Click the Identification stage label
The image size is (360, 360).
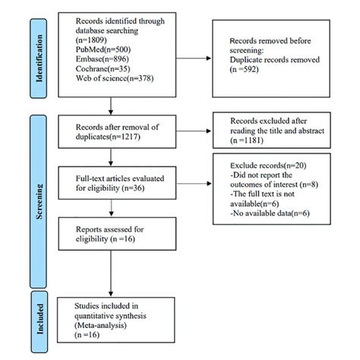39,58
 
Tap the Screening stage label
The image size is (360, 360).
39,201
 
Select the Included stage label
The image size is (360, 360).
39,319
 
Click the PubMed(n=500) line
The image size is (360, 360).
103,49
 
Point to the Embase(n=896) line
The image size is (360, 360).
103,59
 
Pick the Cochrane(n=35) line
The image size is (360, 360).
103,68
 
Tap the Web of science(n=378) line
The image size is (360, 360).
115,78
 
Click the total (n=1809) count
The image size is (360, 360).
91,39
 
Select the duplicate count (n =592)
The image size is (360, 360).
245,69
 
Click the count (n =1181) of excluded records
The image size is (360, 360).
247,141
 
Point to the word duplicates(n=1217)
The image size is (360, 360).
108,137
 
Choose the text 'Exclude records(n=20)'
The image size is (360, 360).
268,166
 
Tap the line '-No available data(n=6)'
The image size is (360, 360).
270,213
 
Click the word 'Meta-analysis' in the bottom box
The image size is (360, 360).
100,325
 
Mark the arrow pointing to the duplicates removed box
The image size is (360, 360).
194,58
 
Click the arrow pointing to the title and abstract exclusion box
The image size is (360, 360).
194,131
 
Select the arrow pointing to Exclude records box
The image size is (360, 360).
194,183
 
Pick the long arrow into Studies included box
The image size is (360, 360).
111,273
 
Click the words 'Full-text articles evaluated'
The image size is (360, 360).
120,178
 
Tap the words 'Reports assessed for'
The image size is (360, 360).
110,229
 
